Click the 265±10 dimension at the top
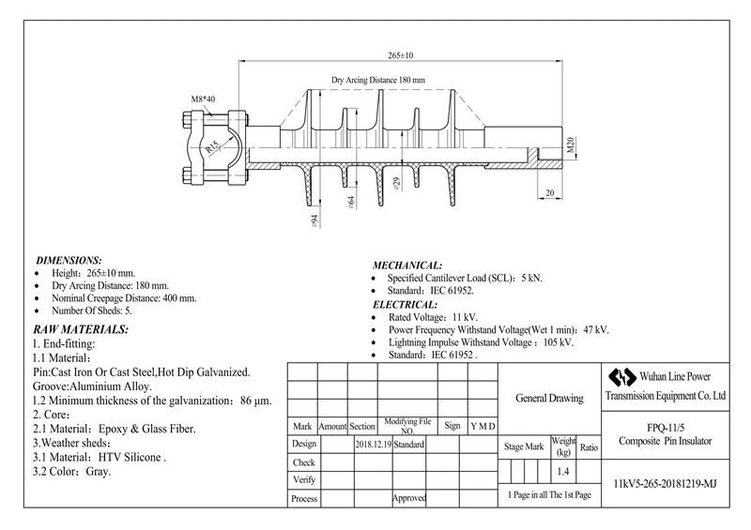(x=401, y=55)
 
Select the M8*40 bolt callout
(x=203, y=99)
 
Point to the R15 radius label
(x=212, y=146)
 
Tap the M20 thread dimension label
(x=570, y=145)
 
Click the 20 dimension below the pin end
(x=550, y=192)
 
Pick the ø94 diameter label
(x=314, y=220)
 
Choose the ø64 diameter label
(x=351, y=202)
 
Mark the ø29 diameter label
(x=396, y=183)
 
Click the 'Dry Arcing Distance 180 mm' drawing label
(x=378, y=80)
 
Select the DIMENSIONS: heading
(x=69, y=261)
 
